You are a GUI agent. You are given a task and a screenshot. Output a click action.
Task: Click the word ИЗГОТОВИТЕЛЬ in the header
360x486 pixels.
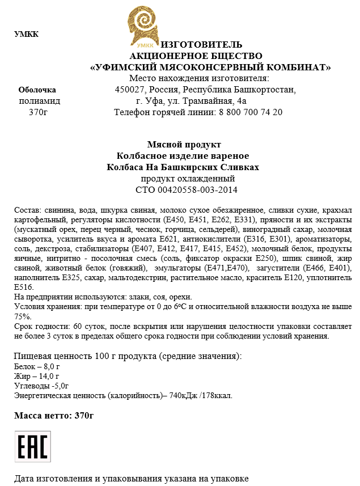click(202, 45)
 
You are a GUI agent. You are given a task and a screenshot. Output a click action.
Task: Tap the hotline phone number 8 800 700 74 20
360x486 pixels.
click(250, 112)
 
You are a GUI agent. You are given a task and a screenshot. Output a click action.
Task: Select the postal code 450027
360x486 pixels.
click(130, 90)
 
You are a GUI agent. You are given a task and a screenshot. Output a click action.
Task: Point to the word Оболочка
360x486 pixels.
click(37, 90)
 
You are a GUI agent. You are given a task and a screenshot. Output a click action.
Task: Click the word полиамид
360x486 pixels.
click(40, 101)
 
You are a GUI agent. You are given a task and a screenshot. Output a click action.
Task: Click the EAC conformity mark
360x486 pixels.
click(33, 446)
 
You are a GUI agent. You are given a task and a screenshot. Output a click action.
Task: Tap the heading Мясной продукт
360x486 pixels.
click(184, 145)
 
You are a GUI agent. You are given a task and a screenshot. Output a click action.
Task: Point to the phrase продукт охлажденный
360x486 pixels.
click(183, 179)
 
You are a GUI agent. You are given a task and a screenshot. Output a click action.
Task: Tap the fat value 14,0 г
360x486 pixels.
click(48, 376)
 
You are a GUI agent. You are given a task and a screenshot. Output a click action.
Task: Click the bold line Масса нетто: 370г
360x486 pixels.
click(54, 416)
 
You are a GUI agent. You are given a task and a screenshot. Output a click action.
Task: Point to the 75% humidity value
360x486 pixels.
click(23, 316)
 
